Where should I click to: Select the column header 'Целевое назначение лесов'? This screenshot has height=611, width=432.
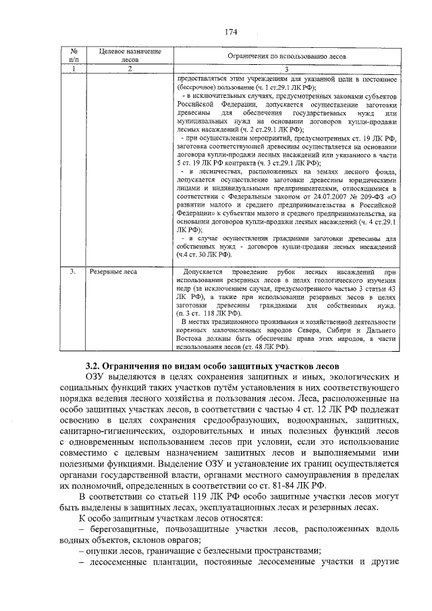pos(120,56)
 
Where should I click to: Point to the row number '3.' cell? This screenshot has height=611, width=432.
pos(72,271)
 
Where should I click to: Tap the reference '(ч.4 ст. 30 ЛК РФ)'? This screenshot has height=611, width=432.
pos(204,255)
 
